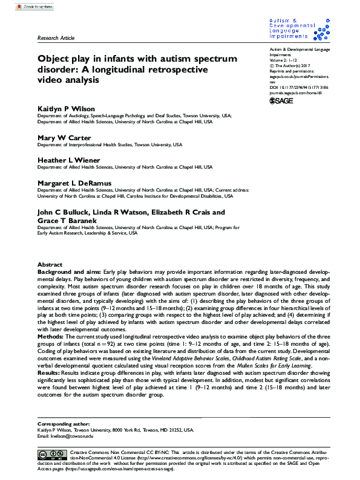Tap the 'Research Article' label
(x=56, y=38)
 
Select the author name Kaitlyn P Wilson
(x=66, y=108)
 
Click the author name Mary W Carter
(x=62, y=137)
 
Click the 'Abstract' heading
(x=50, y=265)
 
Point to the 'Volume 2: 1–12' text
(x=284, y=61)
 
